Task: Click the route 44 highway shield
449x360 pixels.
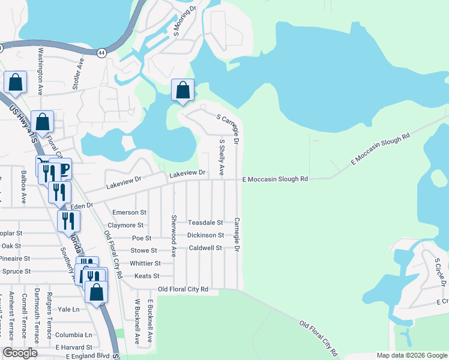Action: click(103, 52)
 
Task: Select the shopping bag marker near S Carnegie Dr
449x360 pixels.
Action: click(183, 91)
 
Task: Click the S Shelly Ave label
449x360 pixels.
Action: click(221, 158)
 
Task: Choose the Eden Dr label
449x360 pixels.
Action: click(82, 206)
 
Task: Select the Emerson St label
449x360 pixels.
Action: click(129, 212)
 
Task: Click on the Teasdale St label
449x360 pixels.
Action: click(205, 223)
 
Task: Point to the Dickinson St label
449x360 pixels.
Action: click(205, 235)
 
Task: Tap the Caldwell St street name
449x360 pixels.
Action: click(205, 248)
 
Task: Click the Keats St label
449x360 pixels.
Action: click(147, 276)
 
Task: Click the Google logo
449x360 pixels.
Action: click(20, 353)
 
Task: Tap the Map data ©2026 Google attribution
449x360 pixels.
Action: click(412, 355)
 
